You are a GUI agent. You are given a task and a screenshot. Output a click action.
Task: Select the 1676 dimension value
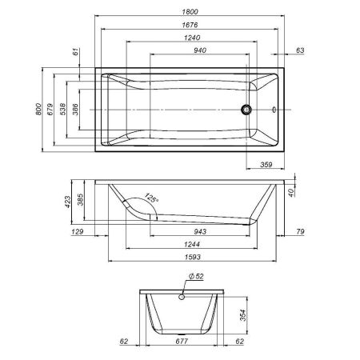(x=188, y=25)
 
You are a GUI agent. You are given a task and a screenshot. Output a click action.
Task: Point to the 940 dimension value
(x=188, y=50)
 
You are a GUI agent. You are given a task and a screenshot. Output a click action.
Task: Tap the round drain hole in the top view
(x=247, y=109)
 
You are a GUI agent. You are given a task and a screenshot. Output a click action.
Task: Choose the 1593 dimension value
(x=188, y=257)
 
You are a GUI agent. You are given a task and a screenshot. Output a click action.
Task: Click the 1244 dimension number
(x=188, y=244)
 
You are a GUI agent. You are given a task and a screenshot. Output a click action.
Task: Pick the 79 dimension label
(x=300, y=232)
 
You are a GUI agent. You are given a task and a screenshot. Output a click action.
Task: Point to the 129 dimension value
(x=77, y=232)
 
